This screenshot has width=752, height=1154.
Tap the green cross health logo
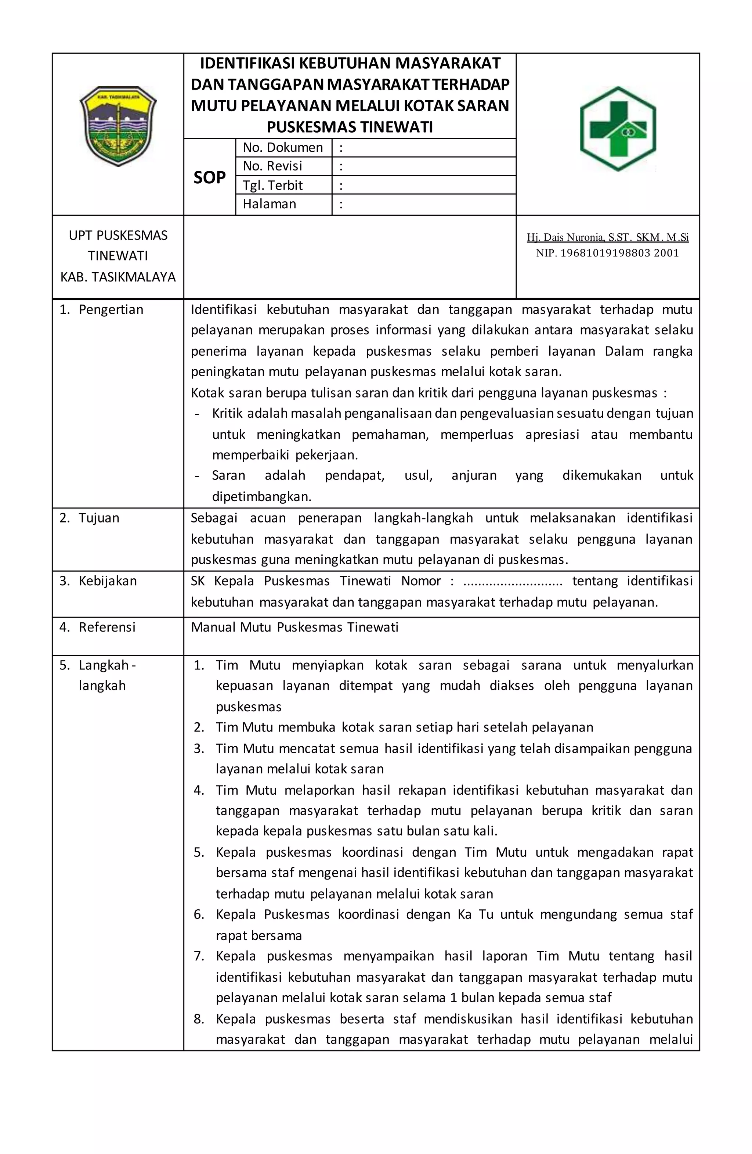pyautogui.click(x=618, y=129)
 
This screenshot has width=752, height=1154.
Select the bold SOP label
pyautogui.click(x=209, y=177)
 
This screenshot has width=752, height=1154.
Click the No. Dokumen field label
pyautogui.click(x=282, y=147)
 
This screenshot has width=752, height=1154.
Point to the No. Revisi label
pyautogui.click(x=272, y=166)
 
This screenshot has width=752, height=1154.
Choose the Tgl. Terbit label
pyautogui.click(x=272, y=185)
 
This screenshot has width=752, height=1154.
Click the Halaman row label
pyautogui.click(x=269, y=204)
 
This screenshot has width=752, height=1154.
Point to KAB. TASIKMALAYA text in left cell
pyautogui.click(x=118, y=277)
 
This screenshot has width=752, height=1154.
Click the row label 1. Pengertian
pyautogui.click(x=101, y=310)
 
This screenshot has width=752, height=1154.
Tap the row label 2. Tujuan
pyautogui.click(x=89, y=518)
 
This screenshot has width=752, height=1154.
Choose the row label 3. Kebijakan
pyautogui.click(x=98, y=581)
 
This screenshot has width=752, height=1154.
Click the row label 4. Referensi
pyautogui.click(x=97, y=628)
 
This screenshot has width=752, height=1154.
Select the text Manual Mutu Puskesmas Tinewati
pyautogui.click(x=294, y=628)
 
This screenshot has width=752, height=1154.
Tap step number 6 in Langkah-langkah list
pyautogui.click(x=199, y=914)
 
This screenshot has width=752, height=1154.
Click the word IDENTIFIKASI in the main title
pyautogui.click(x=246, y=64)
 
